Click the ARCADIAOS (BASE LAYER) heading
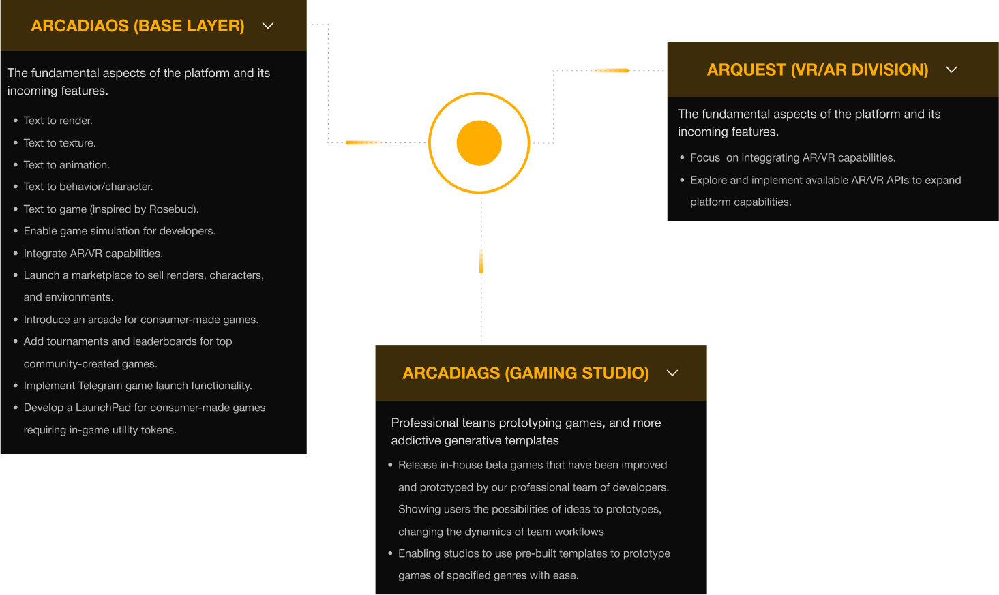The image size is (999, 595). click(x=137, y=26)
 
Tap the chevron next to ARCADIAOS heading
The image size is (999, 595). click(x=268, y=26)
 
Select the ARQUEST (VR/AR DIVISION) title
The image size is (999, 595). click(x=817, y=70)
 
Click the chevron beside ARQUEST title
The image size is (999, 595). click(x=951, y=70)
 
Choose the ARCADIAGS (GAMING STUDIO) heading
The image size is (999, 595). click(x=525, y=373)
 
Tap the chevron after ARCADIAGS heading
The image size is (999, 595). click(x=672, y=373)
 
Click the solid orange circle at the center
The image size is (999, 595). click(x=479, y=143)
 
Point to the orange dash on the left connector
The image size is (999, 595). click(x=366, y=142)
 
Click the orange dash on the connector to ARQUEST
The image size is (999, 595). click(x=609, y=70)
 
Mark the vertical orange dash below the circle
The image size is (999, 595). click(x=481, y=260)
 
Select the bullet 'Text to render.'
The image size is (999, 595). click(x=58, y=121)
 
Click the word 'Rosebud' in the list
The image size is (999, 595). click(x=173, y=209)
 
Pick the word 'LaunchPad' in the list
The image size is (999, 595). click(x=103, y=408)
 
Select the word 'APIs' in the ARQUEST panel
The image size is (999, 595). click(x=897, y=180)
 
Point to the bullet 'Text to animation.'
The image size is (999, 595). click(x=66, y=165)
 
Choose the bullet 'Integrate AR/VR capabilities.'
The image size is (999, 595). click(x=93, y=254)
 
